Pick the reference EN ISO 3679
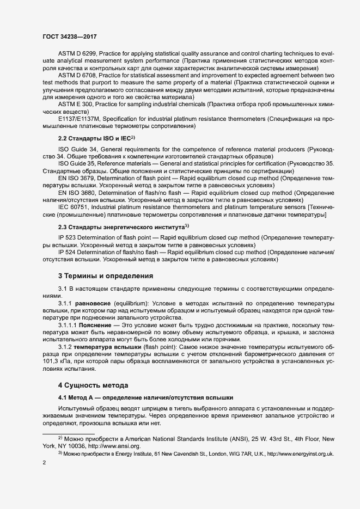click(77, 177)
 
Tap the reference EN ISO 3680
click(77, 192)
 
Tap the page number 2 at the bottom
click(43, 463)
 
